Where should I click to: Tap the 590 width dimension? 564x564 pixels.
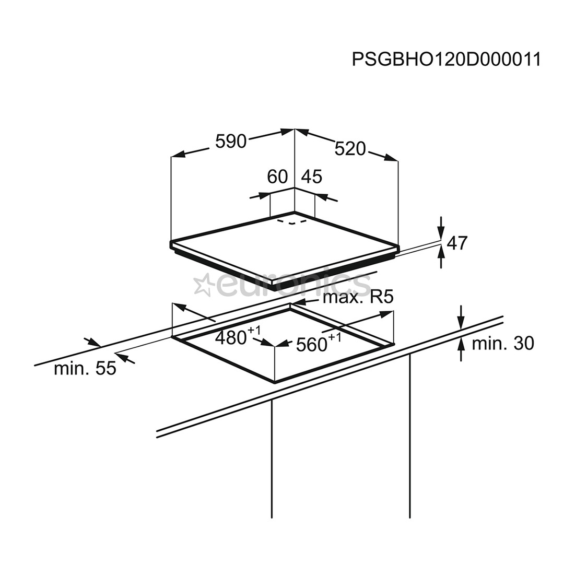[x=231, y=140]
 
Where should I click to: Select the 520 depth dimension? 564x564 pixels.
[x=350, y=149]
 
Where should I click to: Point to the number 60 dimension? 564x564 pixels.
[x=277, y=177]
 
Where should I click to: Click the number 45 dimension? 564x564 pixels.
[x=312, y=177]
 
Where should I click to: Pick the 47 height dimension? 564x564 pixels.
[x=457, y=243]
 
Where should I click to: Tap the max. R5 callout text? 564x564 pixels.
[x=357, y=298]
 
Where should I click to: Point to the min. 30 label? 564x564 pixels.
[x=502, y=343]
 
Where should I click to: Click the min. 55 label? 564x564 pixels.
[x=85, y=368]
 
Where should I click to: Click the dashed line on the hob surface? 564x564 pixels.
[x=291, y=222]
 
